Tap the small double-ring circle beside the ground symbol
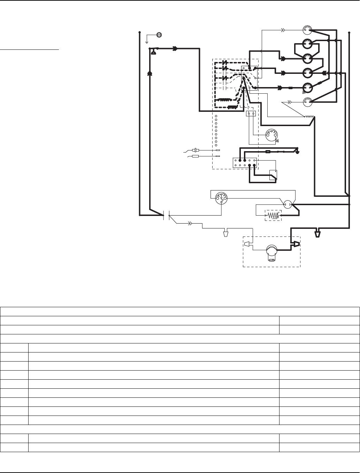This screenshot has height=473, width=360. [x=159, y=34]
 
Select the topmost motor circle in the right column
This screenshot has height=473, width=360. [x=307, y=30]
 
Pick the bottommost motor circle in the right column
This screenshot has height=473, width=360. [x=307, y=102]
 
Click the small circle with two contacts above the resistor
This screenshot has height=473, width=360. [x=288, y=204]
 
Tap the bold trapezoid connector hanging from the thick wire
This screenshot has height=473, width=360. [x=317, y=233]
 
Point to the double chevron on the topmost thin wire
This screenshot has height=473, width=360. [x=283, y=30]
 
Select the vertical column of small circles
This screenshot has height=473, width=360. [x=216, y=130]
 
